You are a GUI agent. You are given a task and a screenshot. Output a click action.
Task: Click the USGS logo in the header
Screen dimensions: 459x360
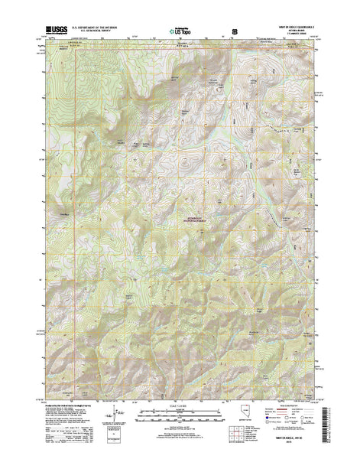(56, 28)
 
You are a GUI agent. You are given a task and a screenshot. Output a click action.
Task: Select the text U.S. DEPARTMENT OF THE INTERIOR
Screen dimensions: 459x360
(100, 25)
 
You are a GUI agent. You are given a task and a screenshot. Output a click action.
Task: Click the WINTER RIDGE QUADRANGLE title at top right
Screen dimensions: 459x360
(294, 25)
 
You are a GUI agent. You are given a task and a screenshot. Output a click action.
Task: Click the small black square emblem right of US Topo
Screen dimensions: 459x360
(234, 31)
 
